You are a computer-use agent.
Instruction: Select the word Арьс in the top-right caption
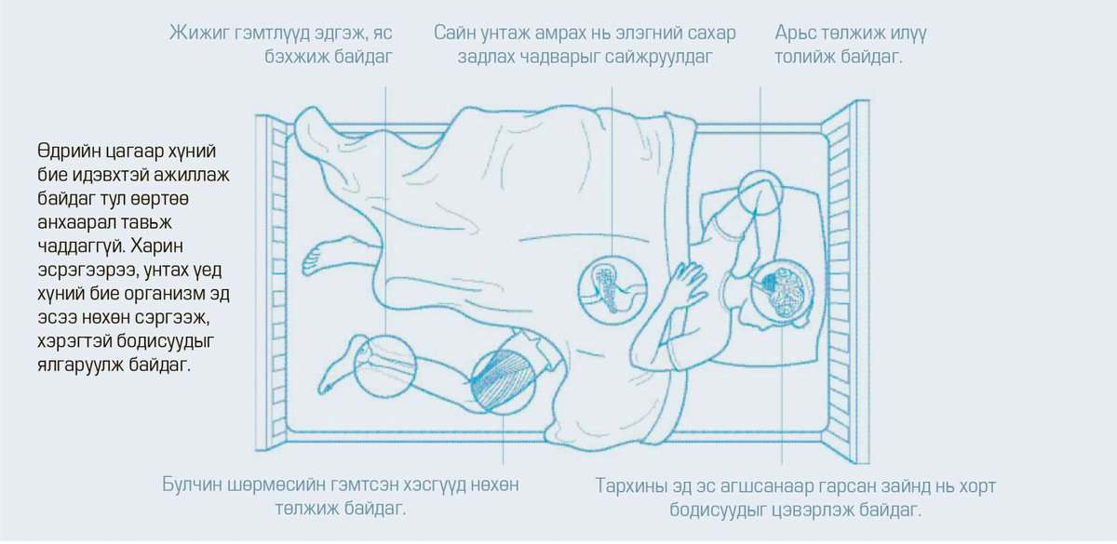click(795, 33)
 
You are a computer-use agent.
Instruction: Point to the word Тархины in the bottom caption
click(630, 485)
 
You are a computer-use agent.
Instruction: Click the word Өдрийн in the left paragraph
click(68, 151)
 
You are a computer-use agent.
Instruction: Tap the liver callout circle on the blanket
click(612, 290)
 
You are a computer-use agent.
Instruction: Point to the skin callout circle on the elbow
click(760, 192)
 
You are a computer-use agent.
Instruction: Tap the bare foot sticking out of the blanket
click(319, 259)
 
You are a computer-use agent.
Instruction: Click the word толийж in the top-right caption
click(804, 58)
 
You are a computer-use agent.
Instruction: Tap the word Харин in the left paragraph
click(159, 246)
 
